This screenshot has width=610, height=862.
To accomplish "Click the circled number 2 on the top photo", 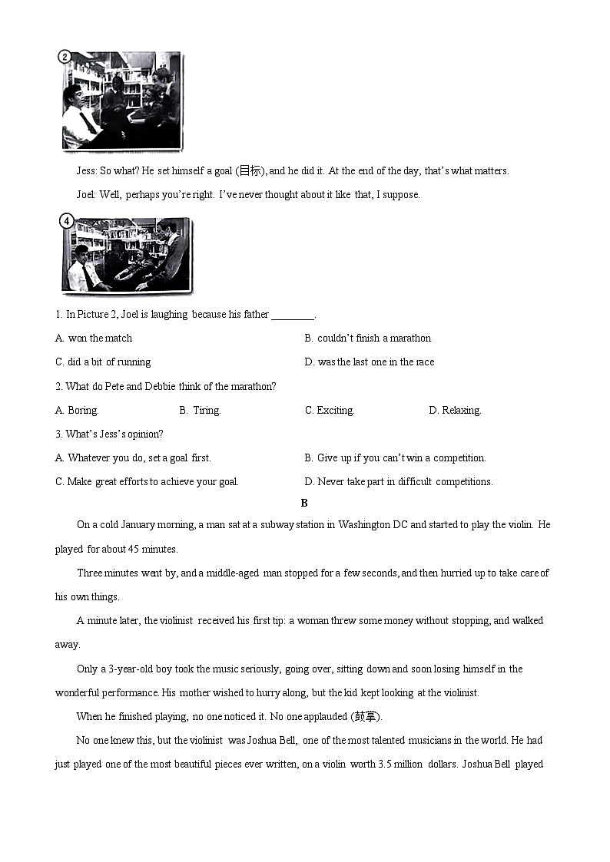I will (65, 57).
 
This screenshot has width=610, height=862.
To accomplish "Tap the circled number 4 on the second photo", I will (68, 222).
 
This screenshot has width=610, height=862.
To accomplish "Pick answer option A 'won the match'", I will (94, 339).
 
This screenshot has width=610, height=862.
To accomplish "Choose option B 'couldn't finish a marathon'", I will (367, 339).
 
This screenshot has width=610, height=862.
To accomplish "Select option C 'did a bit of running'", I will (103, 362).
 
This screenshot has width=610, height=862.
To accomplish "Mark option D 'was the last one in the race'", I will (369, 362).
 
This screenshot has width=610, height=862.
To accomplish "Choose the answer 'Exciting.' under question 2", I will (330, 411).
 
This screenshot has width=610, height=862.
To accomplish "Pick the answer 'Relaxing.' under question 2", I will (455, 411).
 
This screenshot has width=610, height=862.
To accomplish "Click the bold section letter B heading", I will (304, 504).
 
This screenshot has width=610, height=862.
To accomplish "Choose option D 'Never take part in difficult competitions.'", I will (399, 482).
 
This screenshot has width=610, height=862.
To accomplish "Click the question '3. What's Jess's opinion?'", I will (109, 434).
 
